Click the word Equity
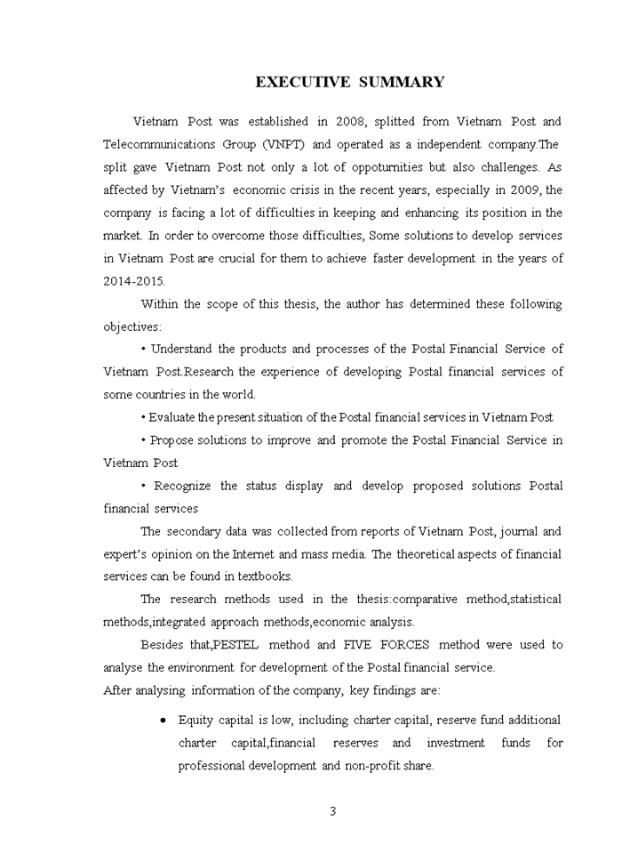[x=195, y=720]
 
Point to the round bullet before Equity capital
[x=163, y=720]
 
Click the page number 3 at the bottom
[x=332, y=811]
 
